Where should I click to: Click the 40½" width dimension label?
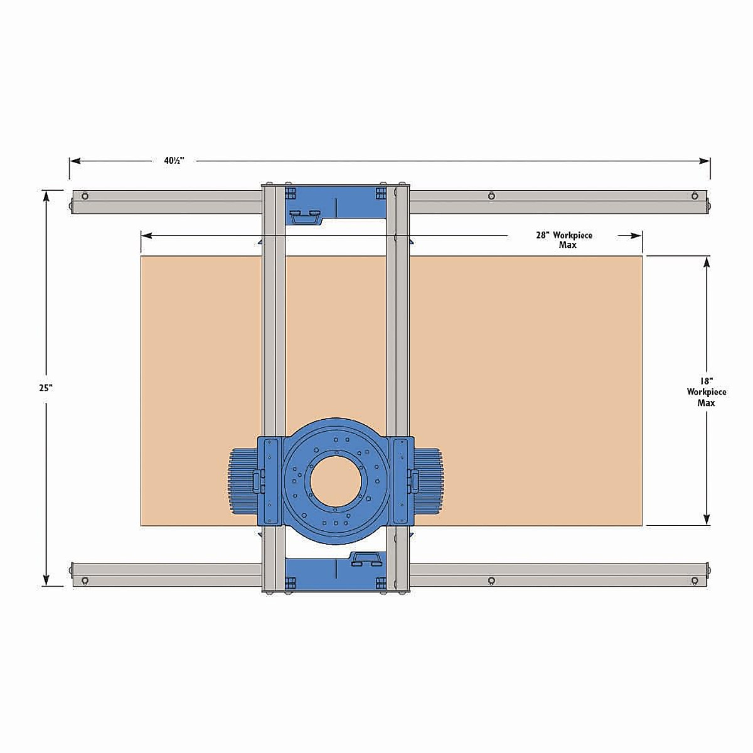173,161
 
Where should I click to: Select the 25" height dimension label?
45,388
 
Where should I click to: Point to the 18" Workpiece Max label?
707,392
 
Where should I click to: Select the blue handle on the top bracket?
306,217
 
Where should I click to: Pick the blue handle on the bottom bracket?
366,559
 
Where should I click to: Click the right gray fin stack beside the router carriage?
429,482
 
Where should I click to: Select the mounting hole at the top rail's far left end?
85,196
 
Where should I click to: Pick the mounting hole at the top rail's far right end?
694,196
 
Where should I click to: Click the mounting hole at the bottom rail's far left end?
85,580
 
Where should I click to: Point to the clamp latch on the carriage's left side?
257,481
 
